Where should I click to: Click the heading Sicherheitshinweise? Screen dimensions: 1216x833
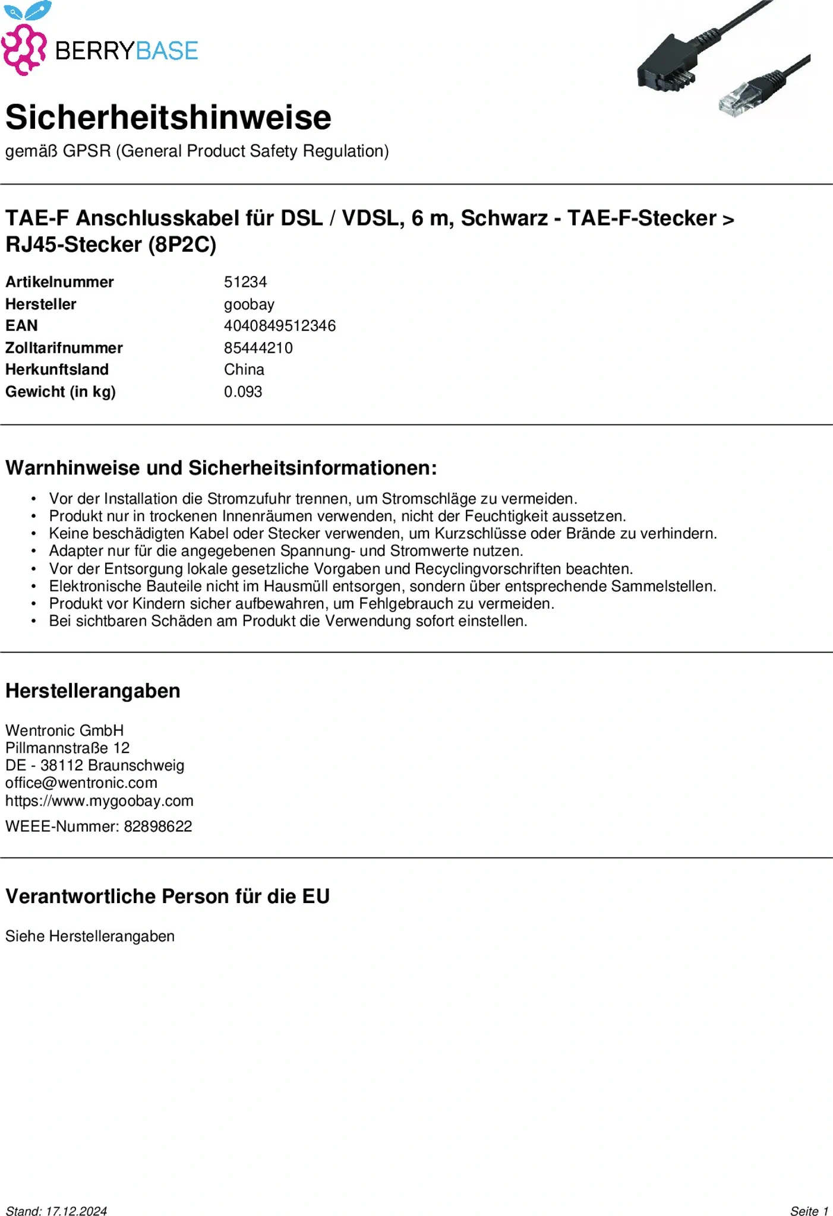click(168, 117)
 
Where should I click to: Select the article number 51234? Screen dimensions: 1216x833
click(245, 282)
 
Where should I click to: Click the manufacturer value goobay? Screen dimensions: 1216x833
click(249, 305)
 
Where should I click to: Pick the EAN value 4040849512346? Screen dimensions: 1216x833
click(279, 326)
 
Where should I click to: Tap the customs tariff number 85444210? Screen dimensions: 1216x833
click(258, 348)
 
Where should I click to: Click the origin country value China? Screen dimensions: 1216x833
click(244, 370)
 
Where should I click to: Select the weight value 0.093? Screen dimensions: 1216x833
click(242, 392)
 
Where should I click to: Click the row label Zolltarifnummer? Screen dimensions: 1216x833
click(64, 348)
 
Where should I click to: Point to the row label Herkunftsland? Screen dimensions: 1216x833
click(57, 370)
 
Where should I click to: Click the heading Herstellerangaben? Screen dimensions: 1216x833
click(93, 691)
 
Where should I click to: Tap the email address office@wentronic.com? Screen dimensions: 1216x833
click(81, 783)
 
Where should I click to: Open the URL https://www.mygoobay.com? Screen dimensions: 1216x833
click(99, 801)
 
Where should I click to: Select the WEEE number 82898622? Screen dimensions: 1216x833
click(157, 826)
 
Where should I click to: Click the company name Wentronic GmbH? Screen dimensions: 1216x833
click(65, 731)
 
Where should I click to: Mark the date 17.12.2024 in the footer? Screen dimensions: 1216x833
click(76, 1211)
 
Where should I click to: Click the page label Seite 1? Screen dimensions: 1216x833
click(809, 1211)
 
